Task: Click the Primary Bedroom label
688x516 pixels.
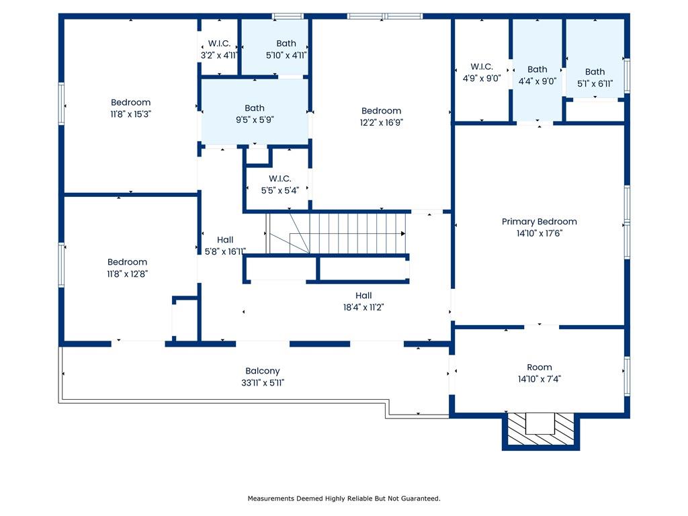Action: tap(540, 222)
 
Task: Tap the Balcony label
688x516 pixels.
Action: tap(263, 371)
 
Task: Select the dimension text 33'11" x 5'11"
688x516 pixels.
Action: tap(263, 382)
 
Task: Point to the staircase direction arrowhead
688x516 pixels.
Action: tap(403, 233)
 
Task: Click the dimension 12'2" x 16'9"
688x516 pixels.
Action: tap(382, 122)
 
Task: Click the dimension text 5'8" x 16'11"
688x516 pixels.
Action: tap(225, 251)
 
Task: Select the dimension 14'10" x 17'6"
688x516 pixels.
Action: tap(540, 233)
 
